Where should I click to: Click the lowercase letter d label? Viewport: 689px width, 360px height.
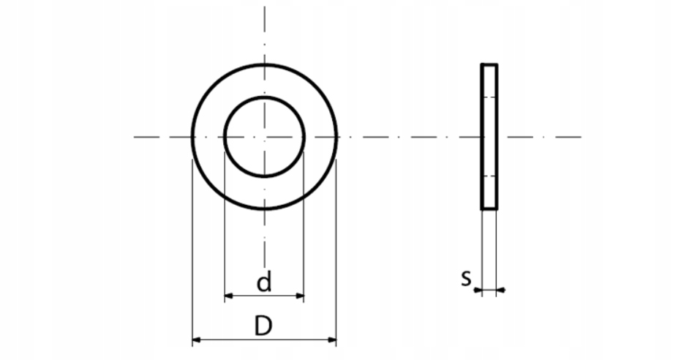pos(264,282)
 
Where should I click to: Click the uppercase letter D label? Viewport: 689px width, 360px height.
pos(263,326)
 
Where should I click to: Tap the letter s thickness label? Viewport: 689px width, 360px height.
pos(466,278)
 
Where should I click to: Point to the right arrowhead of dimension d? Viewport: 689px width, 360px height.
pos(299,296)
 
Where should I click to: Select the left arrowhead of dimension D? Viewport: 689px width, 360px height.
pos(196,340)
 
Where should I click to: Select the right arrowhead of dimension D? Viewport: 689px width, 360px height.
pos(332,340)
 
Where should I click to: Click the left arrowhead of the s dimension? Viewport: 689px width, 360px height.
pos(477,290)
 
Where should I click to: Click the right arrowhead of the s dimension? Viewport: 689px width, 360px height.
pos(502,290)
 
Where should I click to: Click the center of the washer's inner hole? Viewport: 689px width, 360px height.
pos(264,137)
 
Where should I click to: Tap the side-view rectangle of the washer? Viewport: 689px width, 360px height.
pos(489,137)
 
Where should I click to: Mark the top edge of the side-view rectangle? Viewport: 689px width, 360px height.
pos(489,65)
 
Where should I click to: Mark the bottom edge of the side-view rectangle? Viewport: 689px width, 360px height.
pos(489,209)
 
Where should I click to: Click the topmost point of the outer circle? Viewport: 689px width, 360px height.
pos(264,64)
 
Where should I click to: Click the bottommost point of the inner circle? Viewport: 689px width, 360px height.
pos(264,176)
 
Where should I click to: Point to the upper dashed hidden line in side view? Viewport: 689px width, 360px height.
pos(489,97)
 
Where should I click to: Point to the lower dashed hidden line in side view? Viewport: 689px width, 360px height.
pos(489,176)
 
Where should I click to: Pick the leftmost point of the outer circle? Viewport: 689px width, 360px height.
pos(192,137)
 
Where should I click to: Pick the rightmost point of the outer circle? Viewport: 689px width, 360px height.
pos(336,137)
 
